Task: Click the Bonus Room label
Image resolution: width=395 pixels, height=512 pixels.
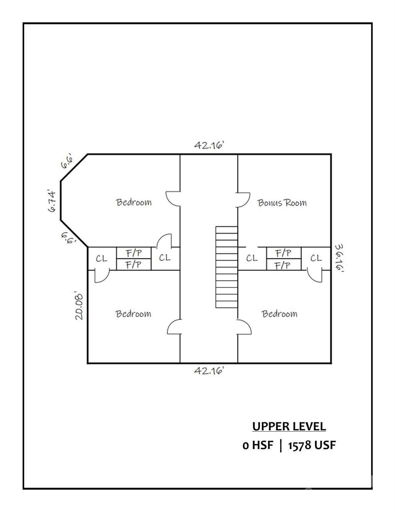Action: [x=282, y=203]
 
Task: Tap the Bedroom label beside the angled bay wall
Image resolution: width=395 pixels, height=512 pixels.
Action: [x=134, y=202]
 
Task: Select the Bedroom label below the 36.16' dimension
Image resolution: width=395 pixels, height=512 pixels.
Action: [x=279, y=314]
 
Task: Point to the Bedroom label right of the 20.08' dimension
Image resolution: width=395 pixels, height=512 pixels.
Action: [x=133, y=314]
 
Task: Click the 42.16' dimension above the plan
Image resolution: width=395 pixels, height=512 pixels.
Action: [x=208, y=145]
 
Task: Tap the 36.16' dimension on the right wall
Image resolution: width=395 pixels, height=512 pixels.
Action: [x=339, y=258]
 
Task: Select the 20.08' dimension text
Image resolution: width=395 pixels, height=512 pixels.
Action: [x=79, y=307]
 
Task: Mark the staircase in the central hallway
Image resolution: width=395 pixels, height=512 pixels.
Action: [x=226, y=267]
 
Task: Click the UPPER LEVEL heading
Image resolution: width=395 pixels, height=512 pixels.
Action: [x=289, y=426]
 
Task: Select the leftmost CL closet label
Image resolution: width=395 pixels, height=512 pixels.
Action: [x=102, y=258]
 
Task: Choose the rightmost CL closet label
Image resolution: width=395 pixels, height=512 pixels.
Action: [x=316, y=258]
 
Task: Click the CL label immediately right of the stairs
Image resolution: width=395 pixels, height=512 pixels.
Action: [x=252, y=258]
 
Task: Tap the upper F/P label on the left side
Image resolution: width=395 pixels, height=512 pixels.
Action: [x=134, y=253]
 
